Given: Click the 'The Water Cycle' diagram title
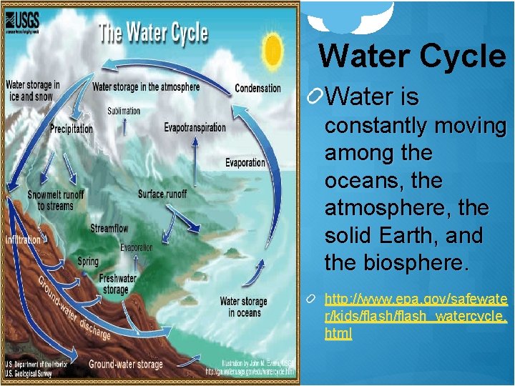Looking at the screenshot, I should coord(152,34).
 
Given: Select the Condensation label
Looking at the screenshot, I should coord(257,89).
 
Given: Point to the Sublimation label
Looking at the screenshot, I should coord(124,111).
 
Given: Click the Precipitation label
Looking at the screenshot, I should coord(72,129).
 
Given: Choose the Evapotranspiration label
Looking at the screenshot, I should coord(195,128).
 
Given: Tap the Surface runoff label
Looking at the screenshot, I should coord(162,194).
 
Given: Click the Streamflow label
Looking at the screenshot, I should coord(109,229).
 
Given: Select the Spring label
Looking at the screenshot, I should coord(88,262).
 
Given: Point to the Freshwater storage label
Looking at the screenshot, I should coord(118,284).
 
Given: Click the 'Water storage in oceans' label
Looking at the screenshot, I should coord(243,307).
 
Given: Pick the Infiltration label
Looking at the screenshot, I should coord(23,240).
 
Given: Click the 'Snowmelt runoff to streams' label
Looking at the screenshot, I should coord(55,200).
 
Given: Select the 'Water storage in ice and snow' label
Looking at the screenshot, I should coord(33,91).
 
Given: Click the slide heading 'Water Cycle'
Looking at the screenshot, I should coord(412,56).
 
